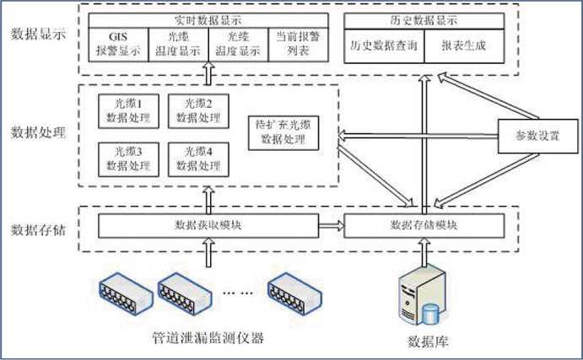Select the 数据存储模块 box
tap(424, 225)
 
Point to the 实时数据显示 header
tap(205, 19)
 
